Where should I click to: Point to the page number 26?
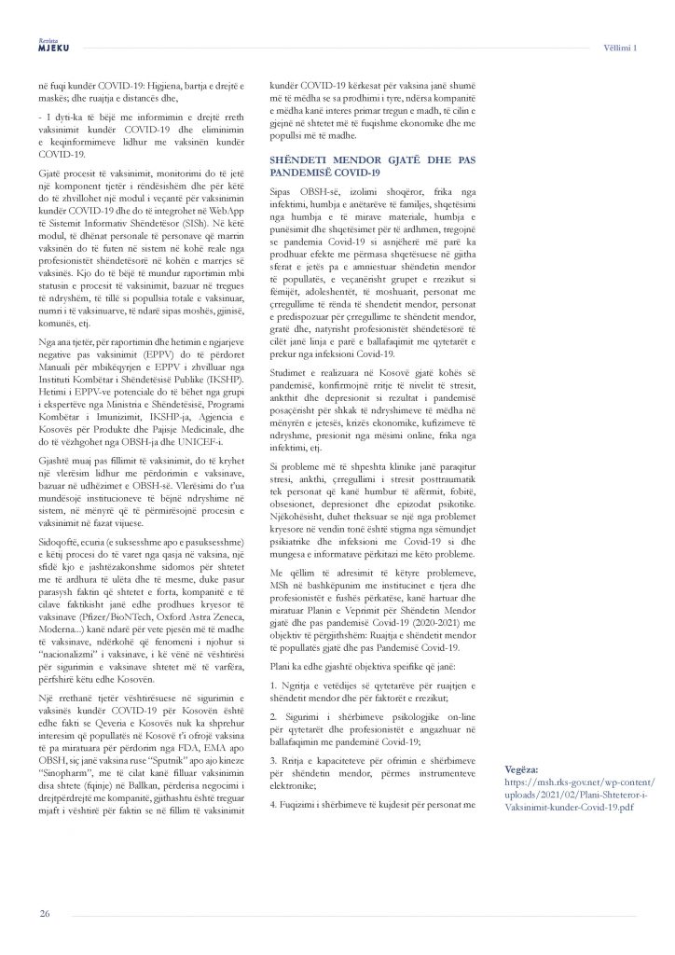coord(44,912)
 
